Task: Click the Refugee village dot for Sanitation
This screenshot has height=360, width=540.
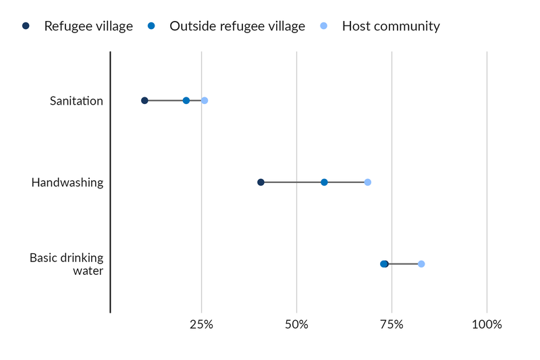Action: (x=144, y=101)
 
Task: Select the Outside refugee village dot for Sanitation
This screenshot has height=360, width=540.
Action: (x=186, y=101)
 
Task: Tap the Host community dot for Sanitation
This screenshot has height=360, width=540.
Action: (x=205, y=101)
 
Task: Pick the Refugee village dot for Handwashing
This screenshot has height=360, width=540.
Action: (x=261, y=182)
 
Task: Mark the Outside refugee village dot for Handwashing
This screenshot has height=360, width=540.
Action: (x=324, y=182)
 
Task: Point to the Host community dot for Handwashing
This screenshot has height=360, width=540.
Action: (x=368, y=182)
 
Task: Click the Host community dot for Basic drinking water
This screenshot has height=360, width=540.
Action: (x=421, y=264)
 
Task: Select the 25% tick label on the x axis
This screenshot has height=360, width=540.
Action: (x=201, y=325)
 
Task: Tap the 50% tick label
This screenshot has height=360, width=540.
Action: (x=296, y=325)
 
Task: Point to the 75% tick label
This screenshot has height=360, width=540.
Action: (x=391, y=325)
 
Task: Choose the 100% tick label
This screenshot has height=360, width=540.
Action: (x=487, y=325)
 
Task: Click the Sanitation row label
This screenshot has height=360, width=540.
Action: (x=76, y=101)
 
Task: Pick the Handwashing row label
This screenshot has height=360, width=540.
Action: (x=67, y=182)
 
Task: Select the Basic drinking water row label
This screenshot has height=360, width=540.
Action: (x=67, y=264)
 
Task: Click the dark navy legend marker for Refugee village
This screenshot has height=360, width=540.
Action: (x=26, y=26)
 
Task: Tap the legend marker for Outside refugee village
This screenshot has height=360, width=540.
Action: (x=151, y=26)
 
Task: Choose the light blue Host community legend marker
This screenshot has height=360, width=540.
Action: (x=323, y=26)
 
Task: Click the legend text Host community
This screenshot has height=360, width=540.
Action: (x=391, y=26)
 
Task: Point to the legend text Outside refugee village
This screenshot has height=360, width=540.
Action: (x=237, y=26)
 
